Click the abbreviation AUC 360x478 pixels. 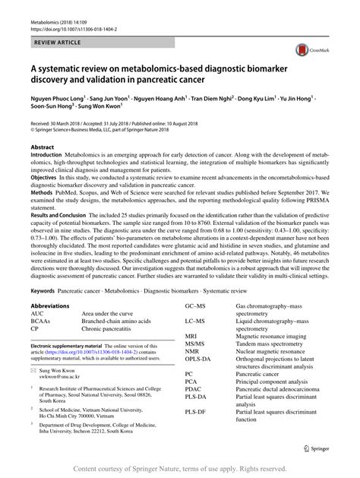[37, 313]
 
